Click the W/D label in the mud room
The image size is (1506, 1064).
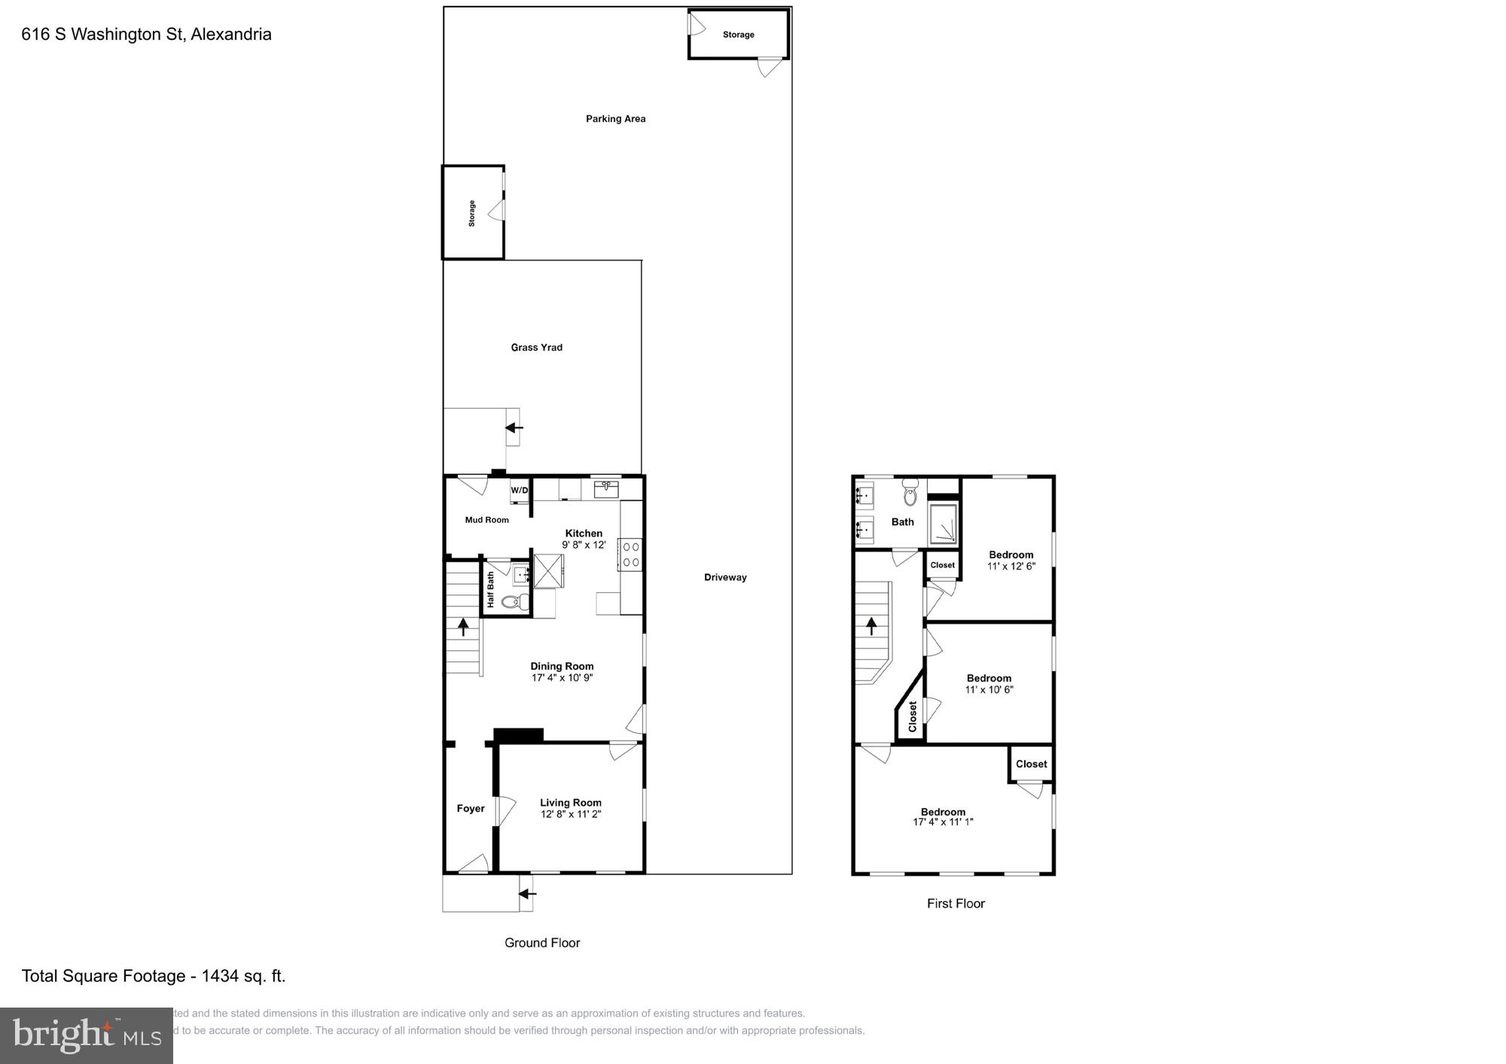click(520, 491)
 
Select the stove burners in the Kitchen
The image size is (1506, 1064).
click(631, 554)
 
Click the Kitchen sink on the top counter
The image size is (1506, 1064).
click(606, 489)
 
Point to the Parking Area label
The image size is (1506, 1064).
click(615, 119)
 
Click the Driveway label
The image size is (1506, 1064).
click(725, 578)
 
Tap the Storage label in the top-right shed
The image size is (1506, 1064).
click(738, 35)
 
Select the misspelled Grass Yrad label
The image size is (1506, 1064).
click(536, 348)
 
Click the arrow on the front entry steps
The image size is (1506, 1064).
click(527, 894)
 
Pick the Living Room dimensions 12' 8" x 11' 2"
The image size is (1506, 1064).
click(570, 814)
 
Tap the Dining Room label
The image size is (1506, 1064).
click(562, 666)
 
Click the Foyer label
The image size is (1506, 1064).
click(470, 809)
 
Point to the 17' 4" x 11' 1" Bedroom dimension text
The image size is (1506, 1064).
click(943, 822)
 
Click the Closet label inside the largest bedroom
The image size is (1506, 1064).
click(1031, 764)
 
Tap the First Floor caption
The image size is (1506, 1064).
click(956, 904)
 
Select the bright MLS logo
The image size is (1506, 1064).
click(87, 1036)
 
